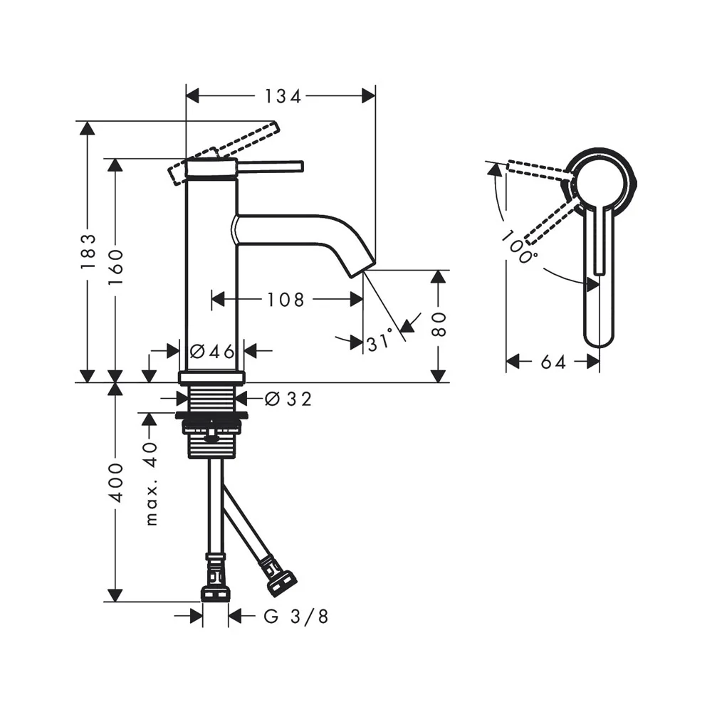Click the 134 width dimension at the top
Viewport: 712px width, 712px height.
pyautogui.click(x=283, y=96)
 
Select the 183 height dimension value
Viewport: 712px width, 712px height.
pyautogui.click(x=88, y=251)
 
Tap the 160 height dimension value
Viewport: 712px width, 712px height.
pyautogui.click(x=116, y=268)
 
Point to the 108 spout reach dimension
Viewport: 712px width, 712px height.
pyautogui.click(x=286, y=300)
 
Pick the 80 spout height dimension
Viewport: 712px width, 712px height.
pyautogui.click(x=439, y=324)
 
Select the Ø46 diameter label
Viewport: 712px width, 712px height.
pyautogui.click(x=212, y=351)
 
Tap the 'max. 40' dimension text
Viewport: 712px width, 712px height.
pyautogui.click(x=151, y=483)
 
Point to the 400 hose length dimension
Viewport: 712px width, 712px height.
pyautogui.click(x=116, y=483)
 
